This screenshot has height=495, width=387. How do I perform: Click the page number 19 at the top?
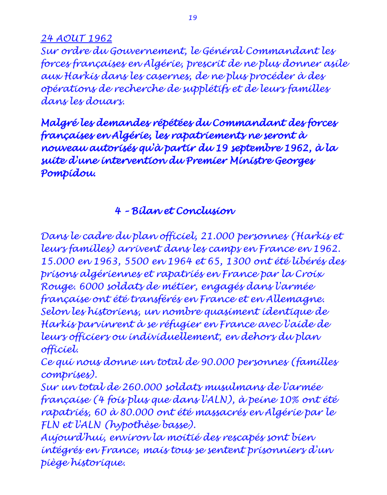(x=193, y=18)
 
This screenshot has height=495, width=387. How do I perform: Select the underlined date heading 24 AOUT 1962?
(x=76, y=39)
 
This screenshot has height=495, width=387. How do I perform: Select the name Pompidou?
(x=68, y=174)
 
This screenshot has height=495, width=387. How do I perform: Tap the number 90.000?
(x=217, y=362)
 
